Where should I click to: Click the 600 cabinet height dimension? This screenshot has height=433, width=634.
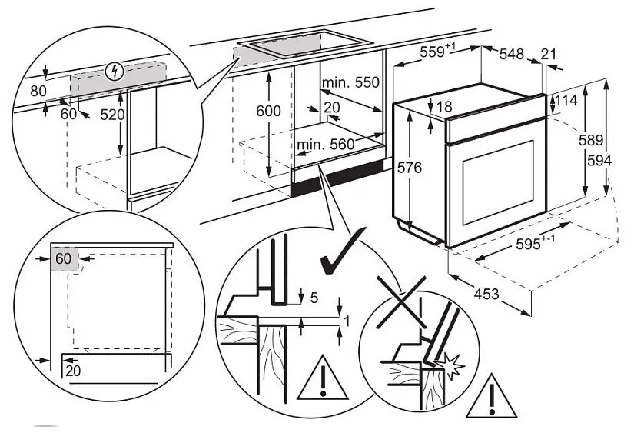pyautogui.click(x=269, y=111)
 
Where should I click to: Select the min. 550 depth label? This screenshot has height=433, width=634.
pyautogui.click(x=351, y=82)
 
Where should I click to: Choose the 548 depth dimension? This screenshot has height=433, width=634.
pyautogui.click(x=511, y=54)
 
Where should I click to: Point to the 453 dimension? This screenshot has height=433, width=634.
pyautogui.click(x=486, y=293)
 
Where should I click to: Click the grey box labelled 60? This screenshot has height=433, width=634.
pyautogui.click(x=64, y=258)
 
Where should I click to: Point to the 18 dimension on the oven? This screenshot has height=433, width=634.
pyautogui.click(x=443, y=107)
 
